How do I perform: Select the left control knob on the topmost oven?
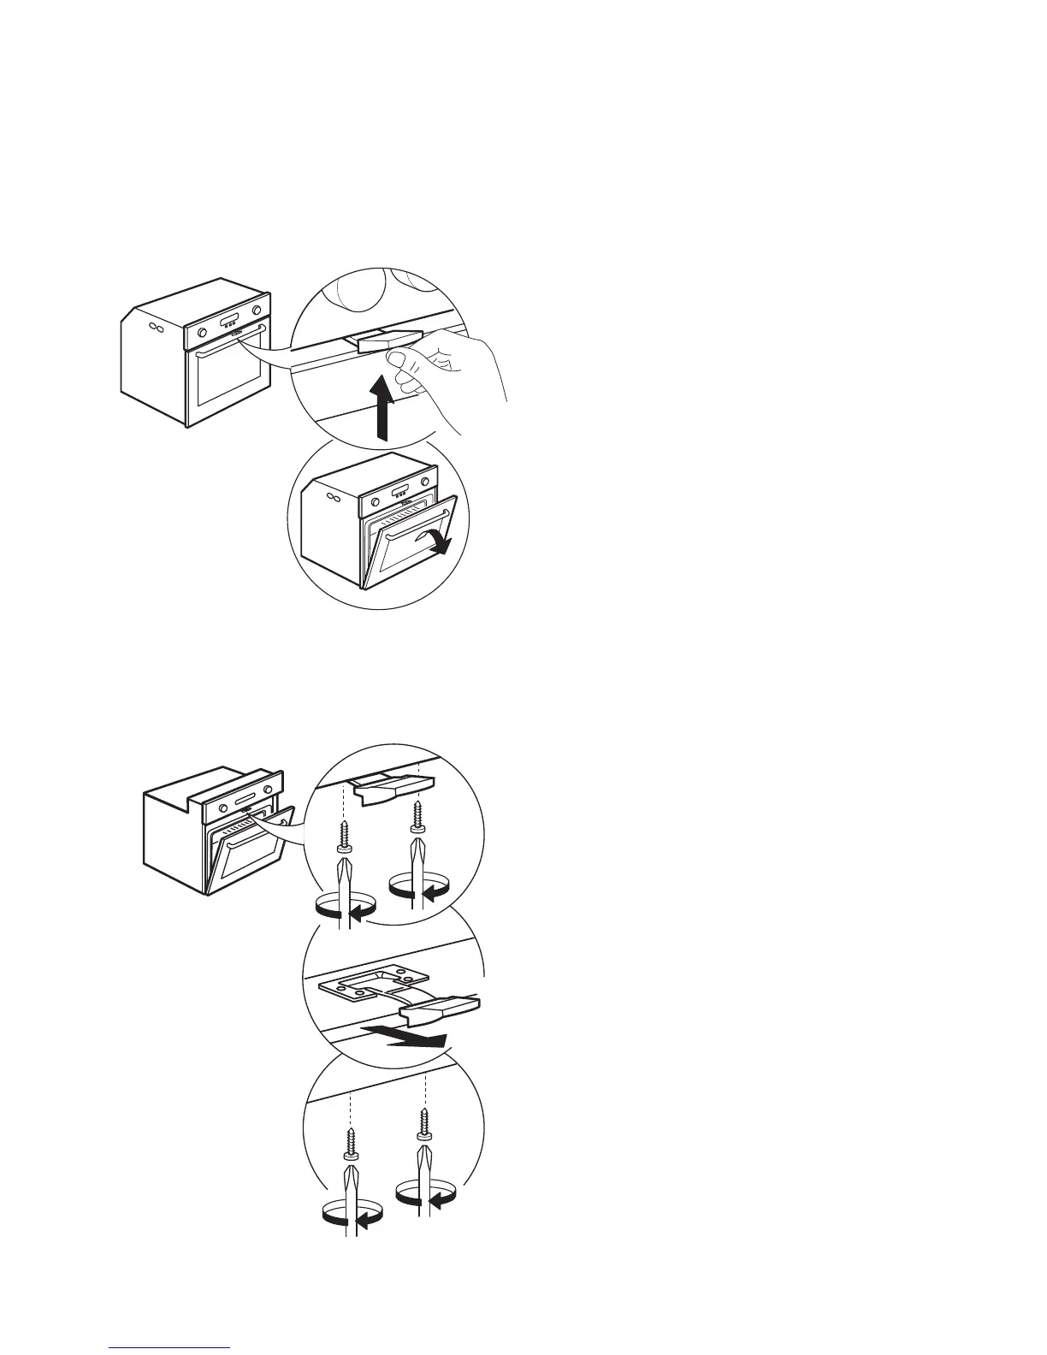(x=201, y=333)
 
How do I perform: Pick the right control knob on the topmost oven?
(x=256, y=310)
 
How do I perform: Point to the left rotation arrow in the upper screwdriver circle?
(x=346, y=911)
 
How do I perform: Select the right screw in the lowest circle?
(x=424, y=1121)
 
